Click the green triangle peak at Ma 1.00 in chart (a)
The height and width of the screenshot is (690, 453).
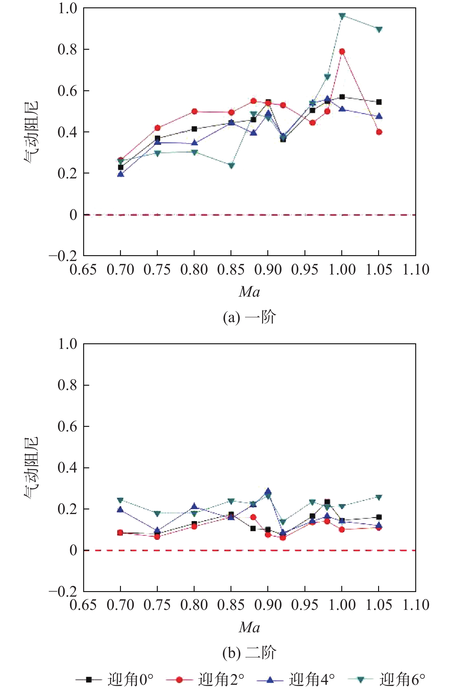pos(342,16)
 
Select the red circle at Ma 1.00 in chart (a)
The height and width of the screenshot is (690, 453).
pos(342,52)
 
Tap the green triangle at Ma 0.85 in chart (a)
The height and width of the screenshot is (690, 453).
pos(231,166)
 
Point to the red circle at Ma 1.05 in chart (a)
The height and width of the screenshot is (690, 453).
pos(379,132)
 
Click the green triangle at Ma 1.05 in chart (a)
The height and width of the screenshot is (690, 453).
pos(379,29)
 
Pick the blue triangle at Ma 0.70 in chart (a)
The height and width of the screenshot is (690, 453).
pos(121,174)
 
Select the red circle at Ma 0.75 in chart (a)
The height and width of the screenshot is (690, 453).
pos(157,128)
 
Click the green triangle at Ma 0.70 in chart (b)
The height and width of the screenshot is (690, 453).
pos(120,500)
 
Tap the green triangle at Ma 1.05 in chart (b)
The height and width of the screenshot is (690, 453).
pos(379,497)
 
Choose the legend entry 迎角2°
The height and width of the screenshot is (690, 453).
pos(206,679)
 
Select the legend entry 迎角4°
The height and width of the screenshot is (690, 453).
pos(296,679)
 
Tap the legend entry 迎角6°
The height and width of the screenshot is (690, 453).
pos(387,679)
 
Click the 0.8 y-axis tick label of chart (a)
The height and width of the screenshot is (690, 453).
pos(67,49)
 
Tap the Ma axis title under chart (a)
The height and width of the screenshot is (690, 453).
pos(249,292)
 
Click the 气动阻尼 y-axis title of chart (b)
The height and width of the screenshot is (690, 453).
pos(32,467)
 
